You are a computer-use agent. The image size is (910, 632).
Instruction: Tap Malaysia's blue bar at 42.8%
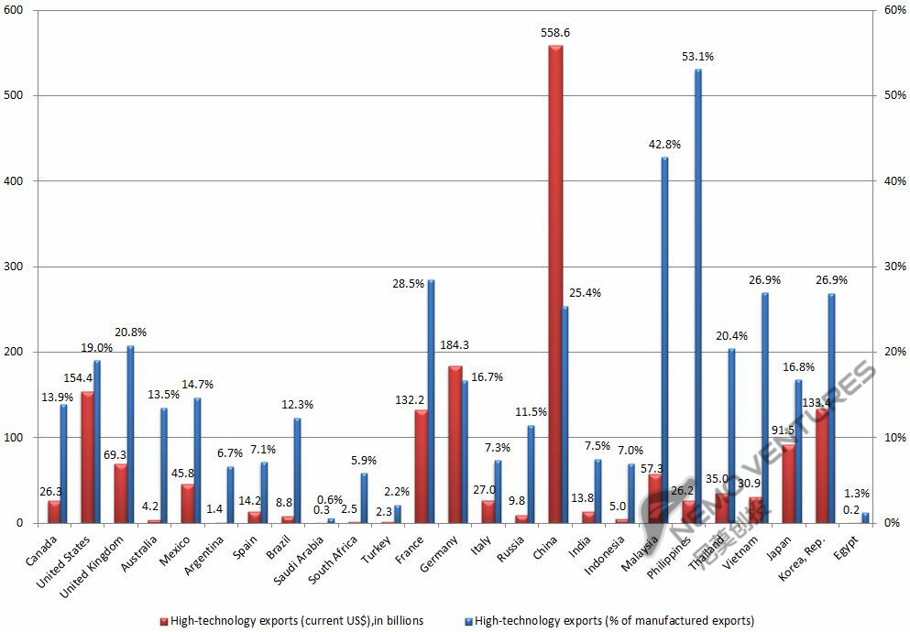click(664, 340)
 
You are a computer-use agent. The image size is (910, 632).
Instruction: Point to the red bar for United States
click(87, 457)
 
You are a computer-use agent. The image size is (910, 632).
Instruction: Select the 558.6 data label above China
click(555, 32)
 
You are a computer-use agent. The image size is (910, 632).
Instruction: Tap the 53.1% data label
click(697, 57)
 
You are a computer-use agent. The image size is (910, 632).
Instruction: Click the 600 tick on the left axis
click(16, 10)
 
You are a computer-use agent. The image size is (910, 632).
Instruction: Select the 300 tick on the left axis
click(16, 267)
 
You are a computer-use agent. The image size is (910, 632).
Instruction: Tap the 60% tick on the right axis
click(893, 10)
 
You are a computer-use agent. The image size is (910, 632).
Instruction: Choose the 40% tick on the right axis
click(893, 181)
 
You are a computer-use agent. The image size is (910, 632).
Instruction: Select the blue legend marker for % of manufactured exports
click(468, 621)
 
